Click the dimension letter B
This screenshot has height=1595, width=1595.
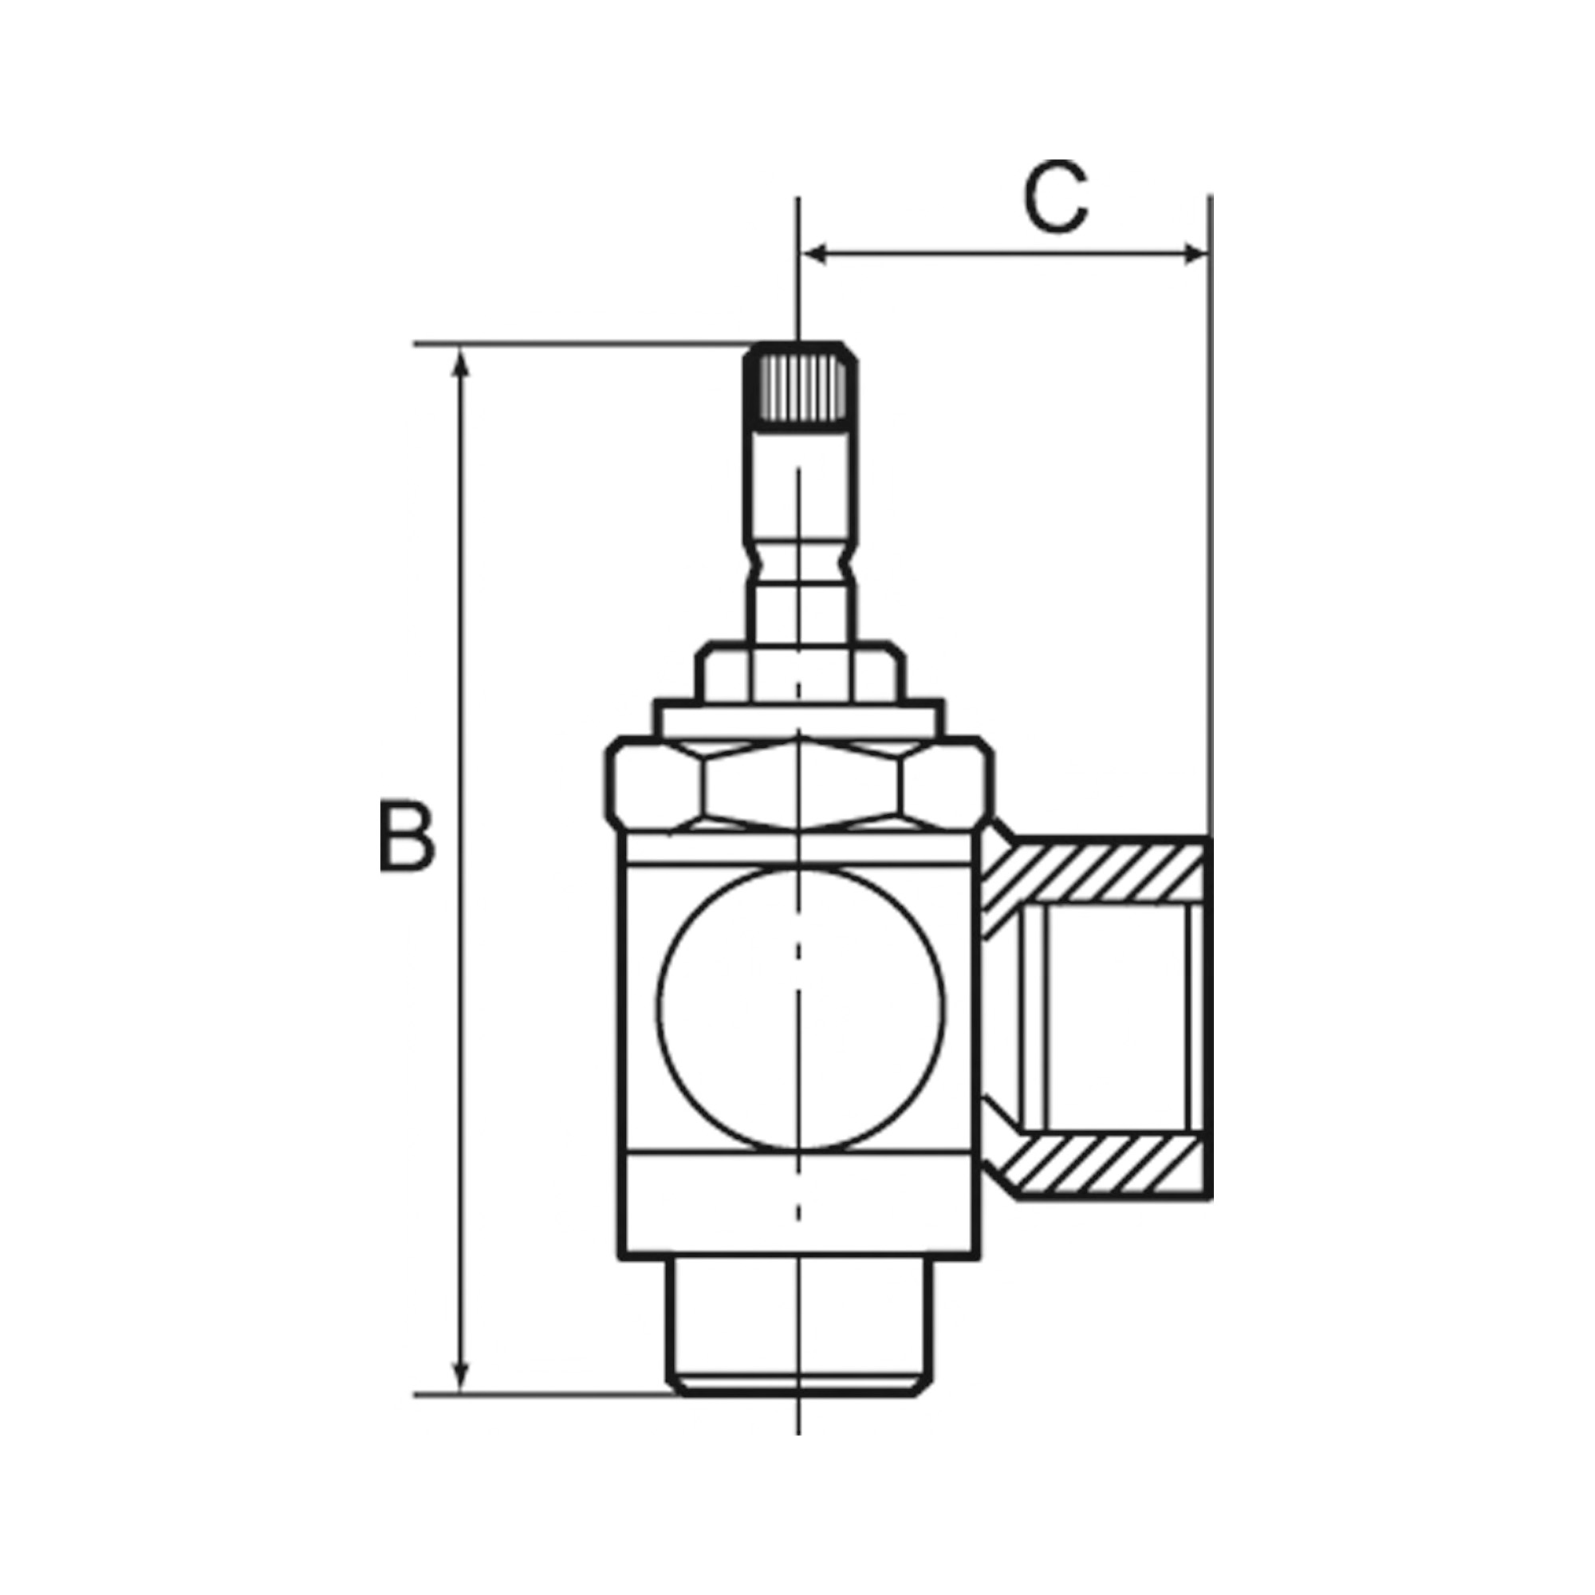pyautogui.click(x=406, y=834)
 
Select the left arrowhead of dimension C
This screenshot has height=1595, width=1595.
pyautogui.click(x=814, y=254)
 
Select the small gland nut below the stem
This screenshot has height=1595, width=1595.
pyautogui.click(x=799, y=672)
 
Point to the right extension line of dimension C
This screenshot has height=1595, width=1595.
pyautogui.click(x=1211, y=495)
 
